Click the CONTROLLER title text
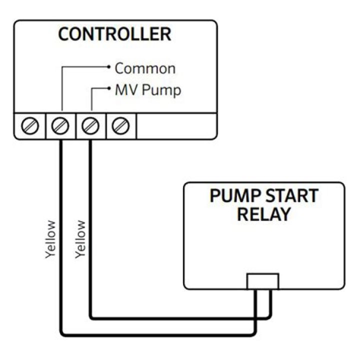(114, 34)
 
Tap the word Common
(145, 68)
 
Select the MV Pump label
(148, 90)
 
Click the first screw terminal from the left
(30, 126)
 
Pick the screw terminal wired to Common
(60, 126)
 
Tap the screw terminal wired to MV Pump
(90, 126)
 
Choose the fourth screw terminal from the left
(120, 126)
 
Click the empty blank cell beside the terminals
(176, 126)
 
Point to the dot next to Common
(109, 67)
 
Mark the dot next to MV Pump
(109, 88)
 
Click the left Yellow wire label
(50, 239)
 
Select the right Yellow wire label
(80, 239)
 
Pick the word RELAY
(264, 214)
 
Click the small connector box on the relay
(263, 281)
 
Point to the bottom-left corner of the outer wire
(61, 335)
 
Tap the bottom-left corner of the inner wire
(91, 318)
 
